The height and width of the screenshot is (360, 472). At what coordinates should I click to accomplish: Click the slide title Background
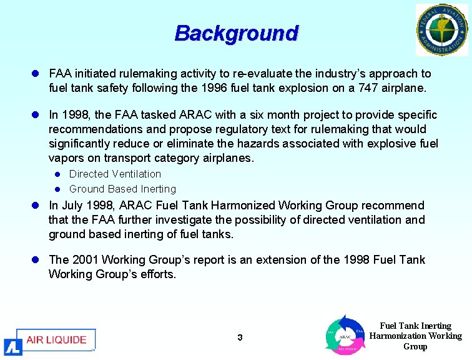tap(236, 33)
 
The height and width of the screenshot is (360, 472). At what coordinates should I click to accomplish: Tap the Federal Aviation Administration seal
tap(441, 30)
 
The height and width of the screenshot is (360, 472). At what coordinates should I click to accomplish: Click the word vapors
tap(66, 158)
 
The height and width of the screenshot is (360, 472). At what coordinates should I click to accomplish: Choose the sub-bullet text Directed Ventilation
tap(115, 174)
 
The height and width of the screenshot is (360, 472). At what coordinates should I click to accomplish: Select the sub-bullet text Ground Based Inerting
tap(122, 189)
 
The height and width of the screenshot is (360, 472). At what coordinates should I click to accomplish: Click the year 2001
tap(85, 260)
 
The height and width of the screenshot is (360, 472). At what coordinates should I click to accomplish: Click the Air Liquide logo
tap(50, 341)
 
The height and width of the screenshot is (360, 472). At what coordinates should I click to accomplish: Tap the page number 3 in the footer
tap(240, 338)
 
